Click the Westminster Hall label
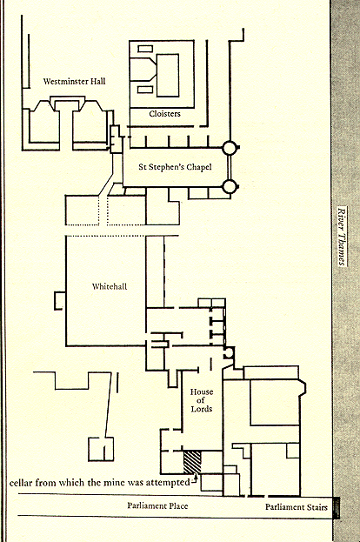pyautogui.click(x=74, y=82)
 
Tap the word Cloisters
pyautogui.click(x=165, y=114)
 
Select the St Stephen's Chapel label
pyautogui.click(x=175, y=167)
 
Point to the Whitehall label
pyautogui.click(x=110, y=286)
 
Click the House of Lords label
pyautogui.click(x=202, y=400)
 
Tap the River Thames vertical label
pyautogui.click(x=342, y=237)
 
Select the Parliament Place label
pyautogui.click(x=157, y=505)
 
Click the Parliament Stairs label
pyautogui.click(x=297, y=507)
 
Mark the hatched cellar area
pyautogui.click(x=192, y=462)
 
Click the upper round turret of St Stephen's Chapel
pyautogui.click(x=229, y=148)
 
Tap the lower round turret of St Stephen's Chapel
pyautogui.click(x=229, y=187)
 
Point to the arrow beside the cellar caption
pyautogui.click(x=195, y=478)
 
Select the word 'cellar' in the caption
pyautogui.click(x=21, y=483)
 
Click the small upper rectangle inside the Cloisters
pyautogui.click(x=145, y=49)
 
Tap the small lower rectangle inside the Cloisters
pyautogui.click(x=145, y=90)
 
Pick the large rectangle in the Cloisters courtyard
pyautogui.click(x=168, y=76)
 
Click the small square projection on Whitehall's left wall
pyautogui.click(x=60, y=301)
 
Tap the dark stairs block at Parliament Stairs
pyautogui.click(x=337, y=508)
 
